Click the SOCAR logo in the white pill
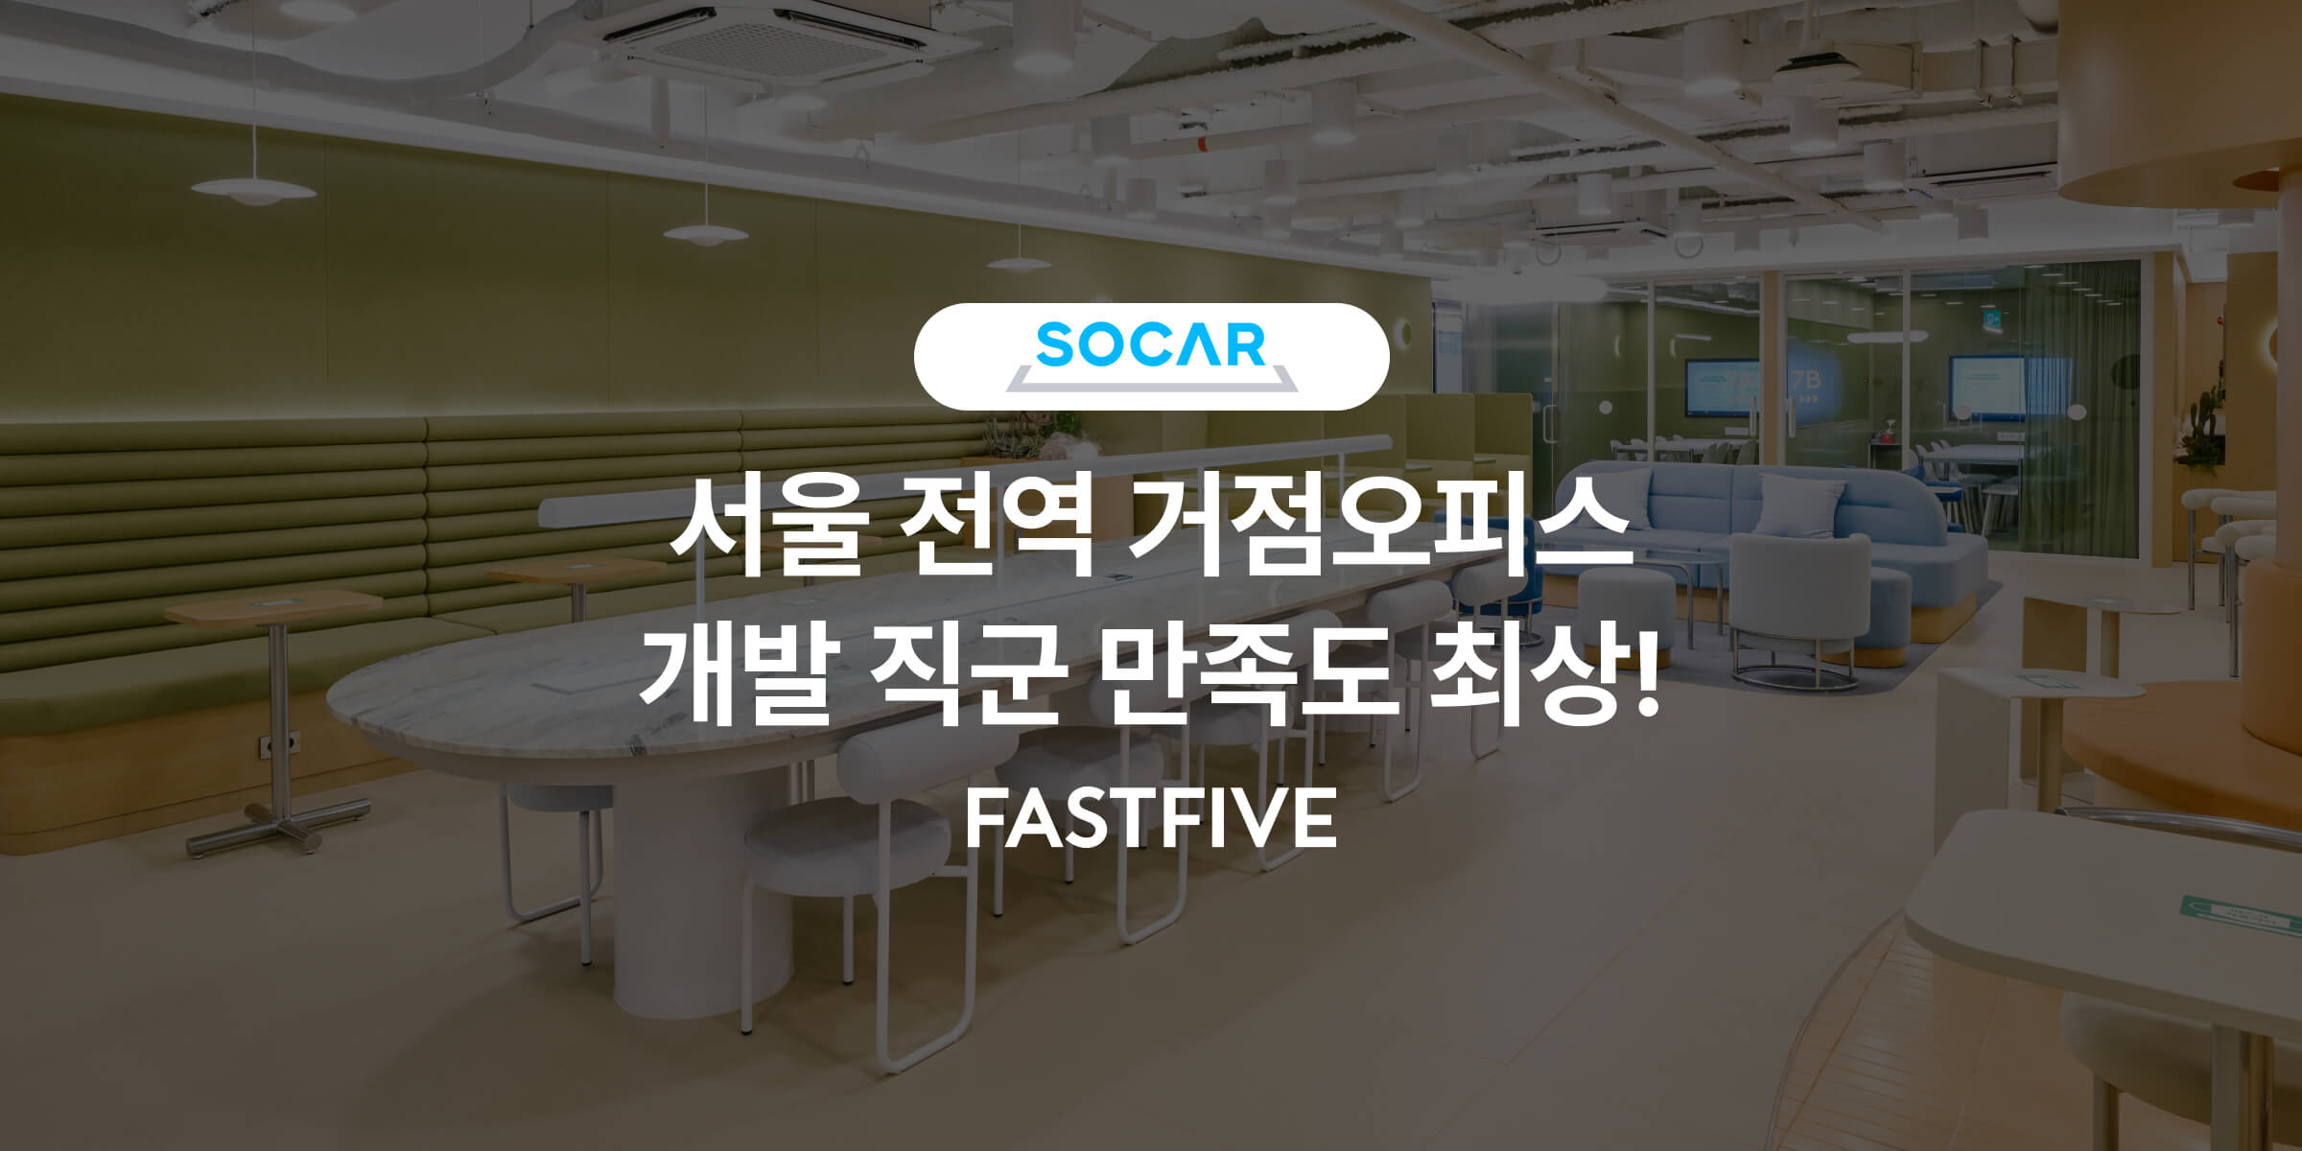pyautogui.click(x=1151, y=356)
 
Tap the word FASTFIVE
pyautogui.click(x=1150, y=818)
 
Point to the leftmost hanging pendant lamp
pyautogui.click(x=253, y=188)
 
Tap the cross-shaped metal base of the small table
pyautogui.click(x=279, y=829)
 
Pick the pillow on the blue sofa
pyautogui.click(x=1800, y=505)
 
